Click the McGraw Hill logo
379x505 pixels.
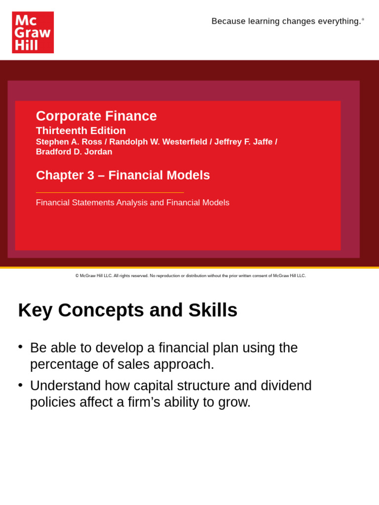click(33, 33)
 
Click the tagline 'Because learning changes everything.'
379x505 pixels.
click(286, 21)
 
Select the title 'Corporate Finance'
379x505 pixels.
click(96, 116)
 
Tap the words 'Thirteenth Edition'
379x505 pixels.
click(81, 131)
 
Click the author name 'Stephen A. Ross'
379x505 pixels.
click(69, 142)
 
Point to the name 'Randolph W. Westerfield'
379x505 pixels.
click(158, 142)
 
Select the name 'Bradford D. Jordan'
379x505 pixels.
click(74, 152)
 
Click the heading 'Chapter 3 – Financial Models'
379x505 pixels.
click(123, 175)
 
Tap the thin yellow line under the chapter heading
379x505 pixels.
click(110, 192)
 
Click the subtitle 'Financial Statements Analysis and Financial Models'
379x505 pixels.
click(133, 203)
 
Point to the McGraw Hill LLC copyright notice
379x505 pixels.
click(190, 276)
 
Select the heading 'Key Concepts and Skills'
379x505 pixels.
click(128, 310)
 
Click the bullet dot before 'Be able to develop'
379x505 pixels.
click(20, 346)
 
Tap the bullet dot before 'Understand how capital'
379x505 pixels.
click(20, 384)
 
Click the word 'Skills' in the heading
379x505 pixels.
click(213, 310)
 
